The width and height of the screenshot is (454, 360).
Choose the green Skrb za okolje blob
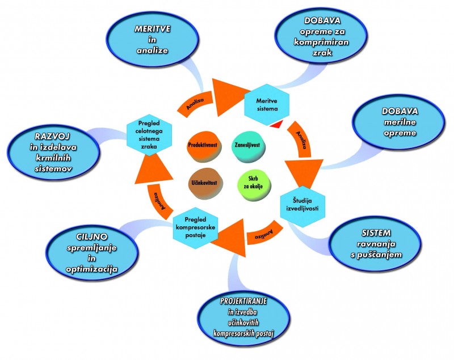253,184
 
